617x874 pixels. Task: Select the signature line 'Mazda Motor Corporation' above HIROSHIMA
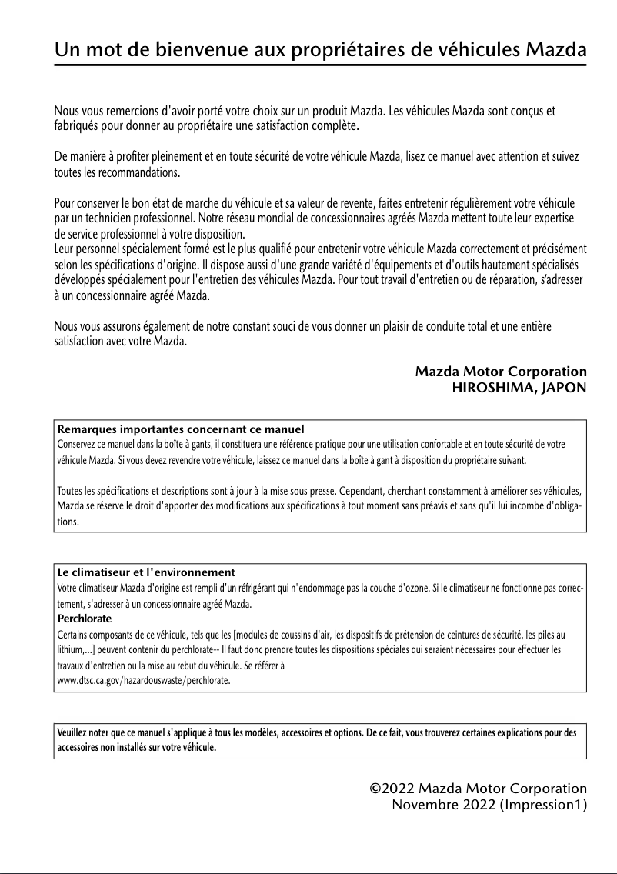coord(501,372)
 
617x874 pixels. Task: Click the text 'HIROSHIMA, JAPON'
coord(519,388)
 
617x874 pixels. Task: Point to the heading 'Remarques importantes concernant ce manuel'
coord(181,429)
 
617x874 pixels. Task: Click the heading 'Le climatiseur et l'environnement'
coord(146,573)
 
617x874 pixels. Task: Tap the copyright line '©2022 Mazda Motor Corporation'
coord(479,789)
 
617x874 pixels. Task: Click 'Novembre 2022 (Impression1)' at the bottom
coord(489,805)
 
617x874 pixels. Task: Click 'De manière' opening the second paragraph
coord(80,158)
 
